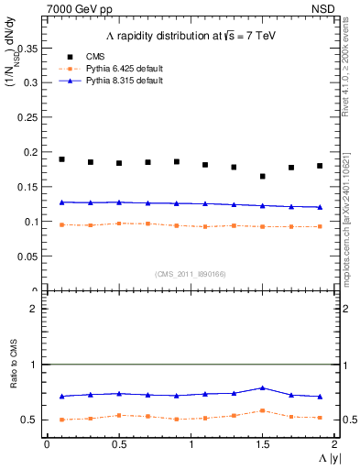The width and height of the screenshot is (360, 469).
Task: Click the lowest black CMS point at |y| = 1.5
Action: [x=263, y=176]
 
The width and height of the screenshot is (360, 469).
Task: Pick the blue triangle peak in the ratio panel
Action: [x=263, y=387]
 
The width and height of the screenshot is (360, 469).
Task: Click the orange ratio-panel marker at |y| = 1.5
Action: [x=263, y=410]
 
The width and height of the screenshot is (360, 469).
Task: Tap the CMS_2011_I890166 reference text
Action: [x=190, y=273]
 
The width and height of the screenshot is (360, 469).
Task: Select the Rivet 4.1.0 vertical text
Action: [x=349, y=64]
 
